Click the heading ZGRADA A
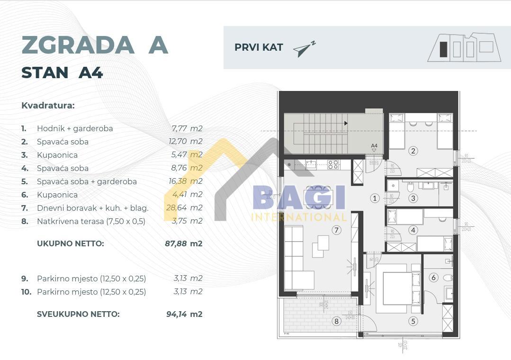[x=95, y=45]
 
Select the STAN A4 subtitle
[x=62, y=72]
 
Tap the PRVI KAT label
[x=259, y=47]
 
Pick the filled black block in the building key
[x=443, y=49]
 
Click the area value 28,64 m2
[x=187, y=208]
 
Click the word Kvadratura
[x=48, y=105]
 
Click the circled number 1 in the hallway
[x=375, y=198]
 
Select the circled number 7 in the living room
[x=336, y=230]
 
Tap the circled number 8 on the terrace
[x=336, y=321]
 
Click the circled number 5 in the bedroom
[x=413, y=321]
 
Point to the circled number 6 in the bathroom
[x=434, y=278]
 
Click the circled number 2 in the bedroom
[x=413, y=151]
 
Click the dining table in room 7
[x=319, y=197]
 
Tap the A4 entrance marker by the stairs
[x=374, y=146]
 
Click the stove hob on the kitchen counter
[x=333, y=164]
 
